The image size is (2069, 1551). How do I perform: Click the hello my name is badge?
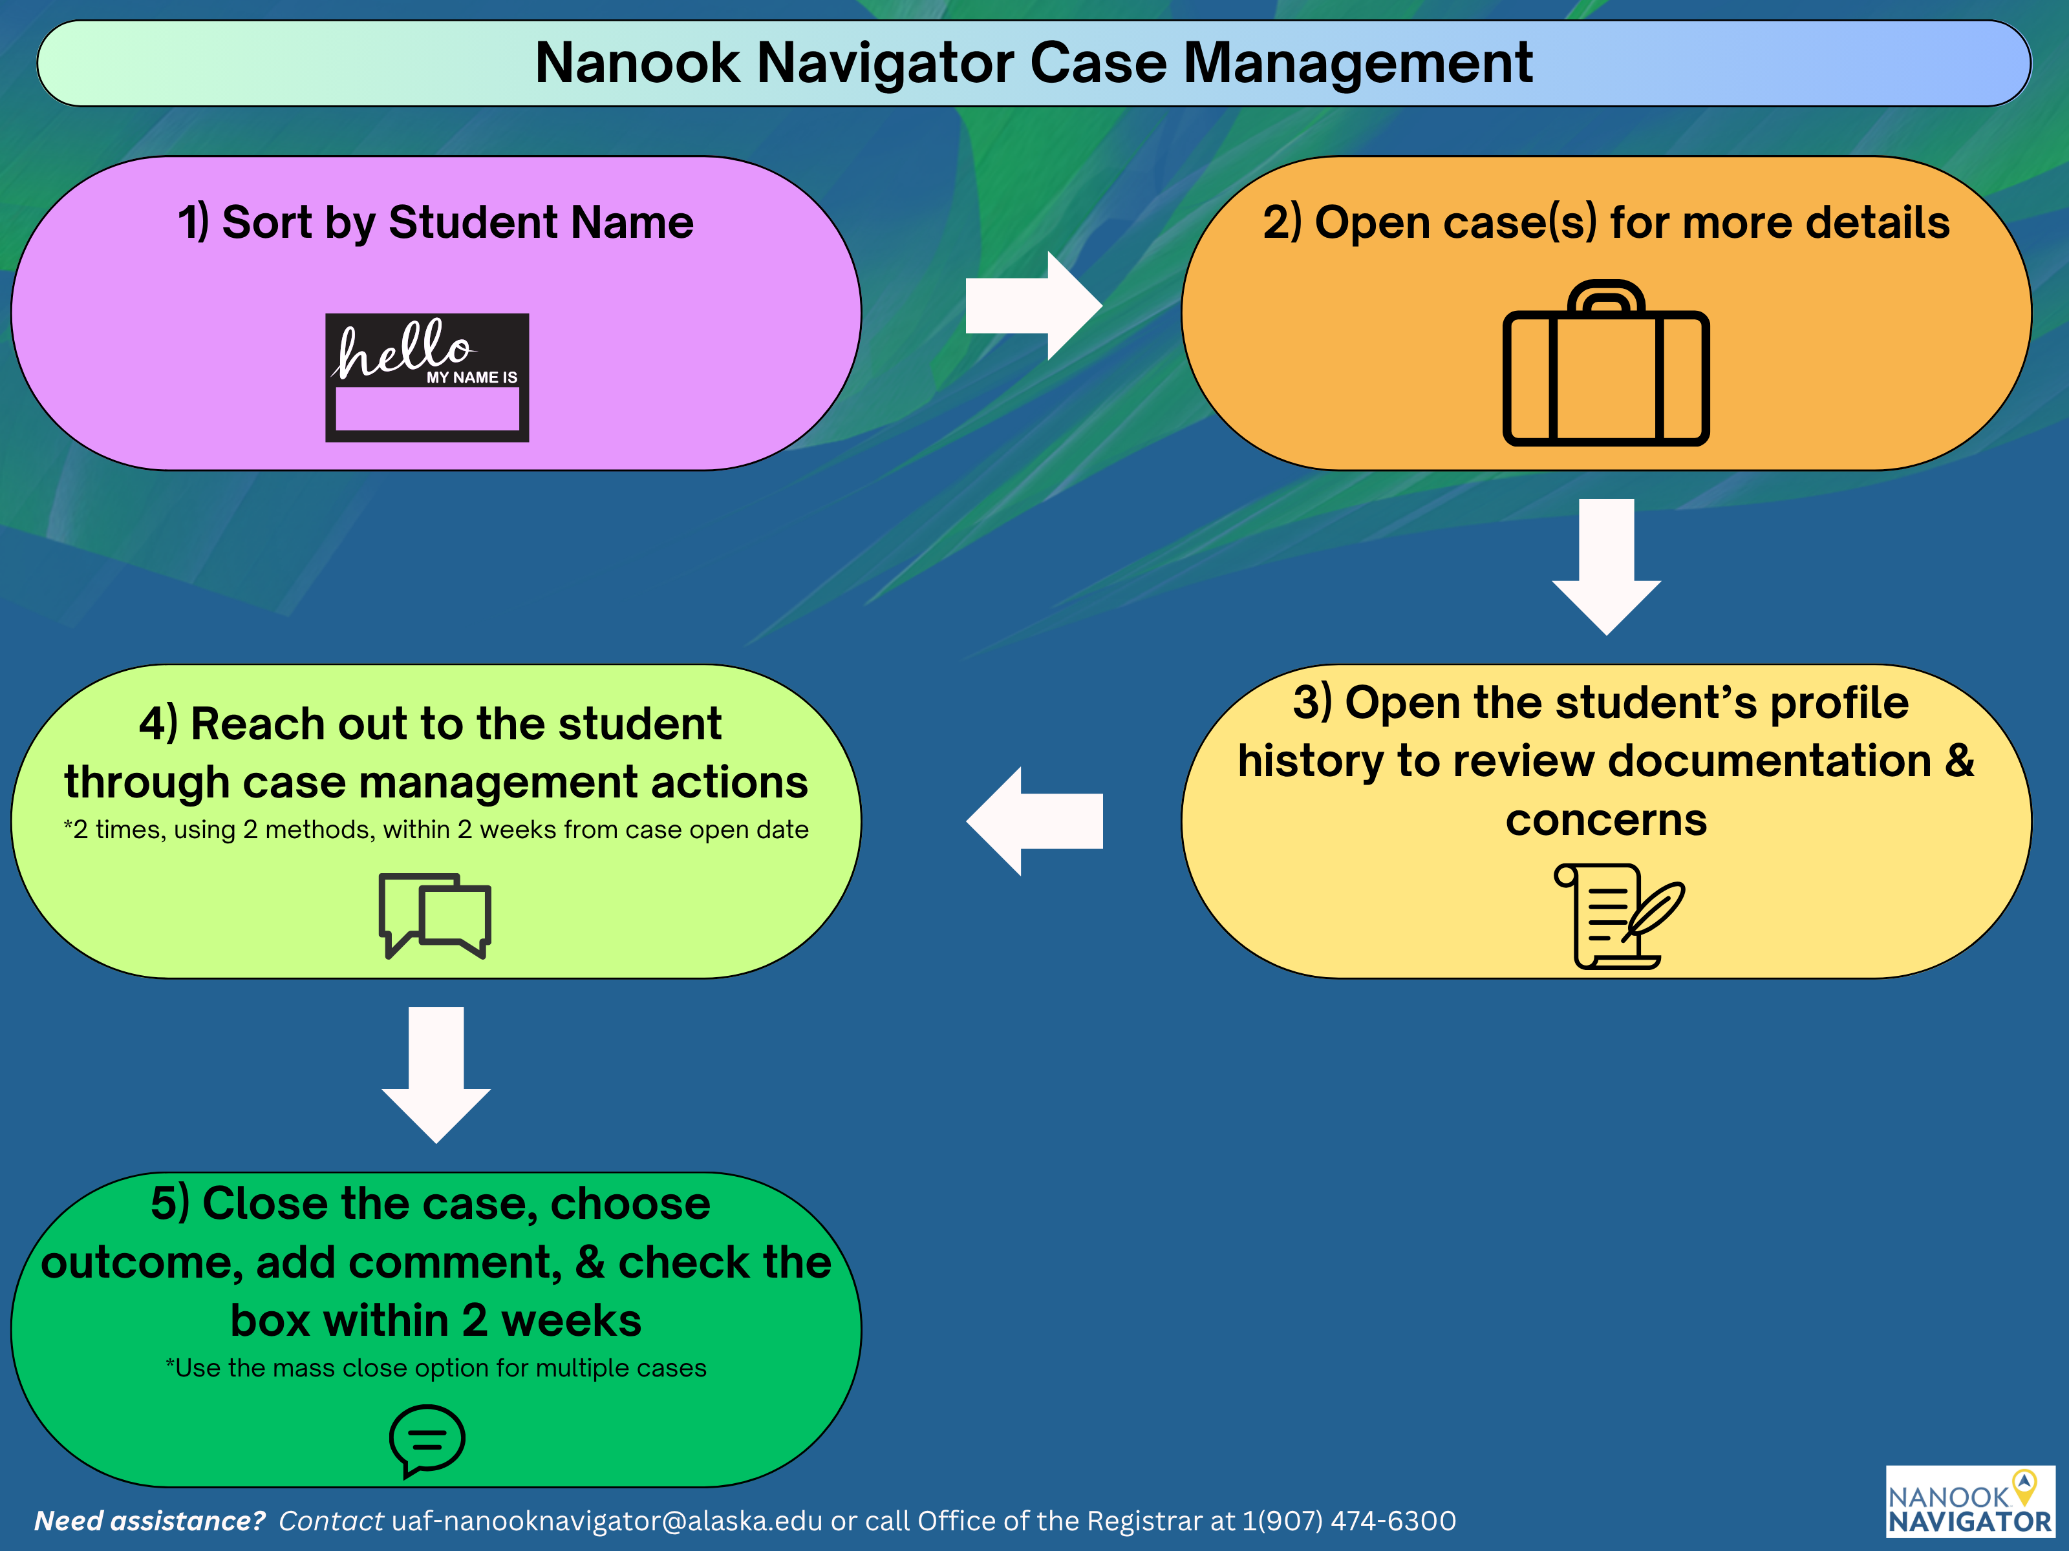(x=427, y=377)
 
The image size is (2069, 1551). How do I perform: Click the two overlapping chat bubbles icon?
(x=435, y=914)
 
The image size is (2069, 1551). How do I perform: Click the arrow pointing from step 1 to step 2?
(x=1033, y=305)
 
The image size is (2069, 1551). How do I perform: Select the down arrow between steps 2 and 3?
(x=1606, y=565)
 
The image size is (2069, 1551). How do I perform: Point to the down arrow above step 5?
(x=436, y=1073)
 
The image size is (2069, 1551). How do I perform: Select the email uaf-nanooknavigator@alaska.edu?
(x=606, y=1521)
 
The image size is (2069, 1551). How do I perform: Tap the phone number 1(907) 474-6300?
(x=1348, y=1521)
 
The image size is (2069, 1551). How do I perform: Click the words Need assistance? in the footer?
(x=149, y=1521)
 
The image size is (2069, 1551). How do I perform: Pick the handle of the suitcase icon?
(x=1606, y=298)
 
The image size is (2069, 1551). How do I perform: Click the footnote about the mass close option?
(x=436, y=1367)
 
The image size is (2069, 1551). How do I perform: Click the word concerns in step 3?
(x=1606, y=820)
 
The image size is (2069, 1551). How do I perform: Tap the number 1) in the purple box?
(x=193, y=222)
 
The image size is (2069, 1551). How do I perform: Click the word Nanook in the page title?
(x=637, y=63)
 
